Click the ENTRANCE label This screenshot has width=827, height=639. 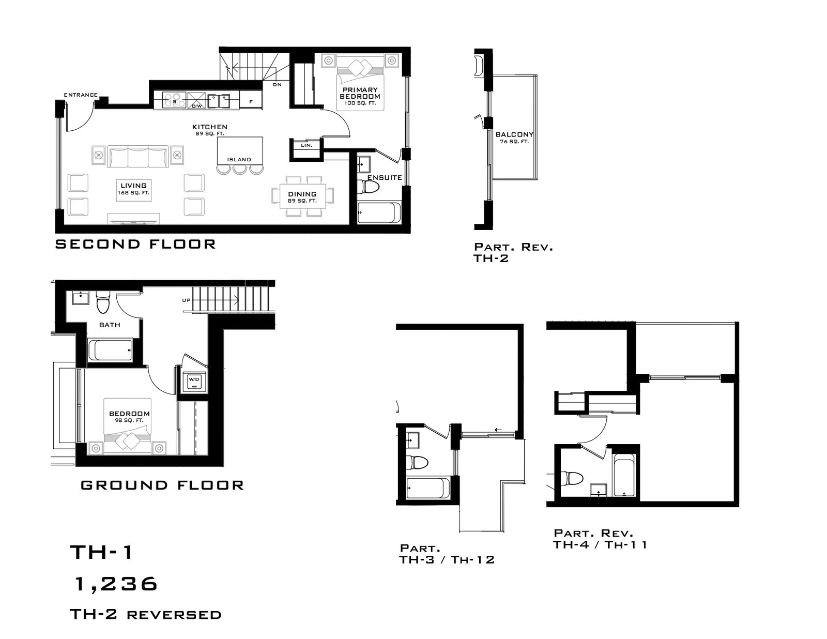pyautogui.click(x=81, y=95)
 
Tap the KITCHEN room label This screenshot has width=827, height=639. pyautogui.click(x=210, y=127)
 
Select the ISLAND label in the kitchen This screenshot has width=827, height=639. pyautogui.click(x=239, y=159)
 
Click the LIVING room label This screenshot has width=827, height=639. pyautogui.click(x=133, y=186)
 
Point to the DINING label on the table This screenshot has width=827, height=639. pyautogui.click(x=302, y=194)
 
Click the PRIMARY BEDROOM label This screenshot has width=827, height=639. pyautogui.click(x=360, y=93)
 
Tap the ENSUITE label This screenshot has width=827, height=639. pyautogui.click(x=385, y=177)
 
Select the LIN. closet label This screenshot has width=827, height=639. pyautogui.click(x=307, y=145)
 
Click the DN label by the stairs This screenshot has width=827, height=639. pyautogui.click(x=277, y=84)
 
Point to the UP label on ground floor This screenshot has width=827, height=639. pyautogui.click(x=186, y=300)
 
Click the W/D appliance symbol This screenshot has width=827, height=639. pyautogui.click(x=194, y=380)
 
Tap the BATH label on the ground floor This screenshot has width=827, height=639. pyautogui.click(x=110, y=325)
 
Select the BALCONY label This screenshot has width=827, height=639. pyautogui.click(x=514, y=134)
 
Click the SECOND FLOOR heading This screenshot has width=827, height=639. pyautogui.click(x=135, y=244)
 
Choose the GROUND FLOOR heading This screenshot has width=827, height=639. pyautogui.click(x=162, y=485)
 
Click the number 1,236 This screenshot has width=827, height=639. pyautogui.click(x=116, y=584)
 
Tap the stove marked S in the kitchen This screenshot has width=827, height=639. pyautogui.click(x=174, y=100)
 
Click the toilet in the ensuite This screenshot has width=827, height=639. pyautogui.click(x=369, y=187)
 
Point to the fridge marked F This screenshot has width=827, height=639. pyautogui.click(x=251, y=101)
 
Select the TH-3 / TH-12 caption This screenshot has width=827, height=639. pyautogui.click(x=447, y=560)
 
